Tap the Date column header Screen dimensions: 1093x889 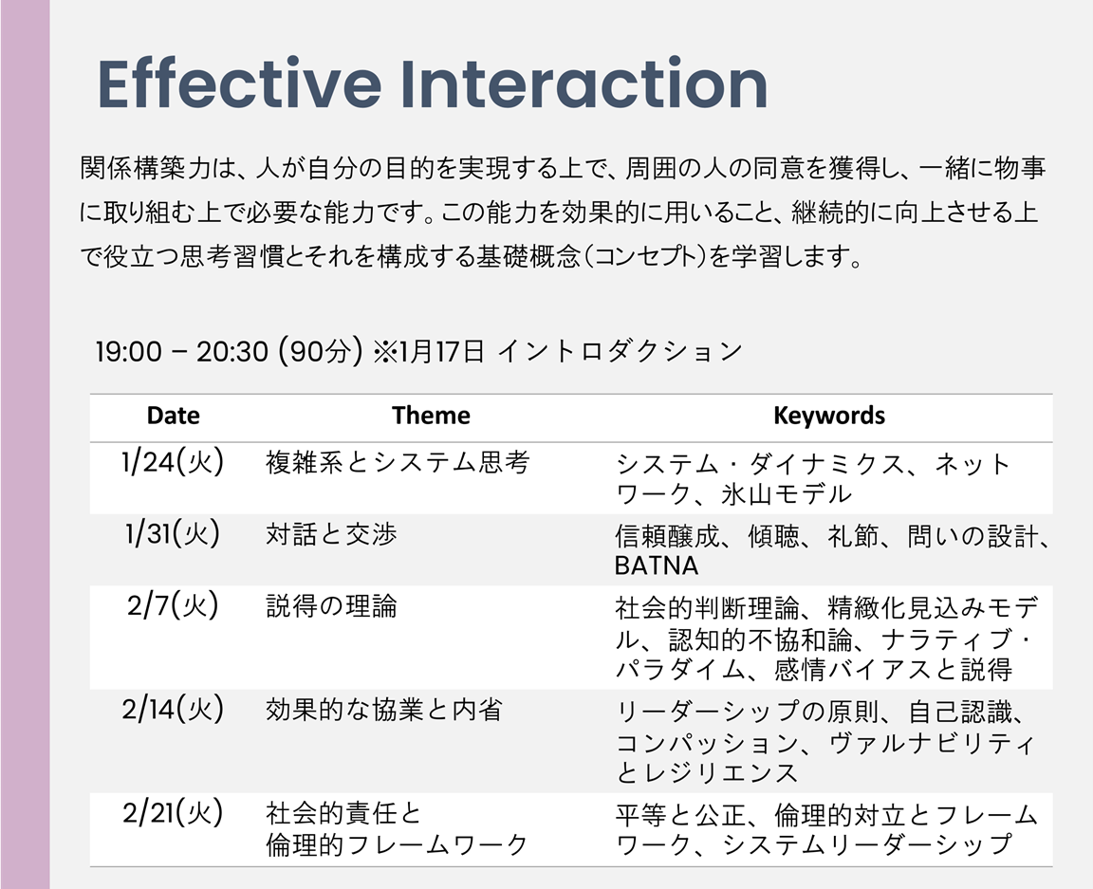[173, 416]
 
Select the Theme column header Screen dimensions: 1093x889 [431, 416]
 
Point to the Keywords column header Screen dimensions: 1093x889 [829, 416]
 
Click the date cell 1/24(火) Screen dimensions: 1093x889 [172, 462]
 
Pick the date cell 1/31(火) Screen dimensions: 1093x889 [172, 533]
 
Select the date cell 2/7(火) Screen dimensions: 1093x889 [172, 604]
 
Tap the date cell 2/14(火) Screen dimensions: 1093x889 [172, 709]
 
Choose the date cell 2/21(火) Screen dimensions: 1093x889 [172, 813]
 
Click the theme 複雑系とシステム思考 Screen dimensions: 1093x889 [398, 462]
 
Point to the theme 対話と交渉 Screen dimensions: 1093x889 [331, 534]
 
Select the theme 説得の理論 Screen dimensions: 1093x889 [331, 605]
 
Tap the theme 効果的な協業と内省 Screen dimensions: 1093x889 [384, 710]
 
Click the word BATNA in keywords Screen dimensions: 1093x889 [656, 565]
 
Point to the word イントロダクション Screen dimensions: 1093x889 [620, 351]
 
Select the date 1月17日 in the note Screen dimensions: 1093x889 [442, 351]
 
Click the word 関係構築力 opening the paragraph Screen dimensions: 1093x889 [144, 168]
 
